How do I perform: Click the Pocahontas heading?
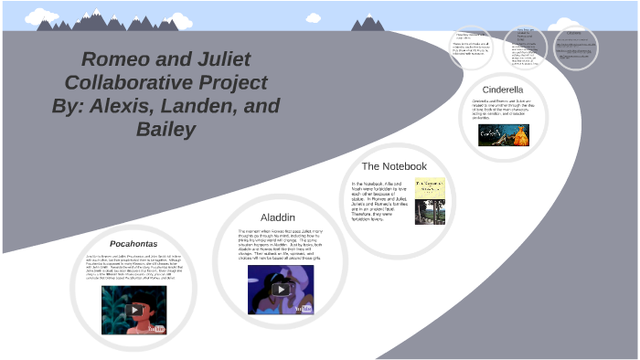pos(134,244)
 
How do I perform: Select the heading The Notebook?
pos(394,166)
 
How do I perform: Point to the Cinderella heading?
pos(502,90)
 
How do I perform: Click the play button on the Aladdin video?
pos(281,290)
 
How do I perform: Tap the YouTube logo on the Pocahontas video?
pos(156,327)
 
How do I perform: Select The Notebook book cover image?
pos(430,200)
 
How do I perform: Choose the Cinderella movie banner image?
pos(503,134)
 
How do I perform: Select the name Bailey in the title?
pos(165,130)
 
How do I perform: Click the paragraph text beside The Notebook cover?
pos(379,200)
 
